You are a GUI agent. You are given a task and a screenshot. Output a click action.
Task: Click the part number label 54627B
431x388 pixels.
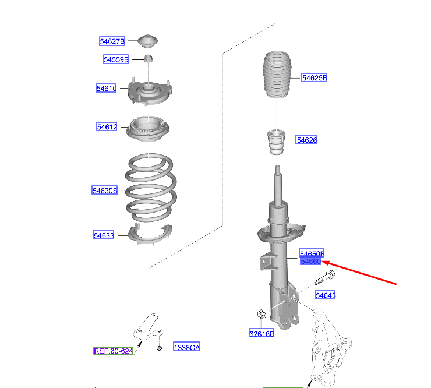(x=112, y=41)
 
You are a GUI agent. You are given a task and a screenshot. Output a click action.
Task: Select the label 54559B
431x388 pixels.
(x=116, y=59)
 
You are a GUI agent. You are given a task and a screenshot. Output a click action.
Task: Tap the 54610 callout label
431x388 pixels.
(x=107, y=88)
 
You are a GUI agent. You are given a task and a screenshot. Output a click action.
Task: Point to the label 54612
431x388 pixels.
(x=107, y=126)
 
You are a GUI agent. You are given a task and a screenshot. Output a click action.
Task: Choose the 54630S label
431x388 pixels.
(x=105, y=191)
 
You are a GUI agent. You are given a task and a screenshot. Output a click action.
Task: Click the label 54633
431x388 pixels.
(x=104, y=235)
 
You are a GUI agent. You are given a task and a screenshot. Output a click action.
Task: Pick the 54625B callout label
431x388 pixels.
(x=315, y=77)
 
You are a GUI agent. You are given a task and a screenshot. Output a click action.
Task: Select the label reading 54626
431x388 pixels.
(x=306, y=140)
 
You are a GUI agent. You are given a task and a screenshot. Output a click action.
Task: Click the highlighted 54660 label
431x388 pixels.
(x=310, y=262)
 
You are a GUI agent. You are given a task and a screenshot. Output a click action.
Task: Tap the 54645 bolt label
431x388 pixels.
(x=326, y=295)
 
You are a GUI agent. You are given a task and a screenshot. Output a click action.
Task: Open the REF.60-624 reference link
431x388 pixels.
(x=114, y=351)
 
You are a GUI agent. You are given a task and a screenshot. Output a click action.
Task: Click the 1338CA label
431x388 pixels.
(x=186, y=348)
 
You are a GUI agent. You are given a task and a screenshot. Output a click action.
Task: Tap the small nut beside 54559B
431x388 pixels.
(x=148, y=58)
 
